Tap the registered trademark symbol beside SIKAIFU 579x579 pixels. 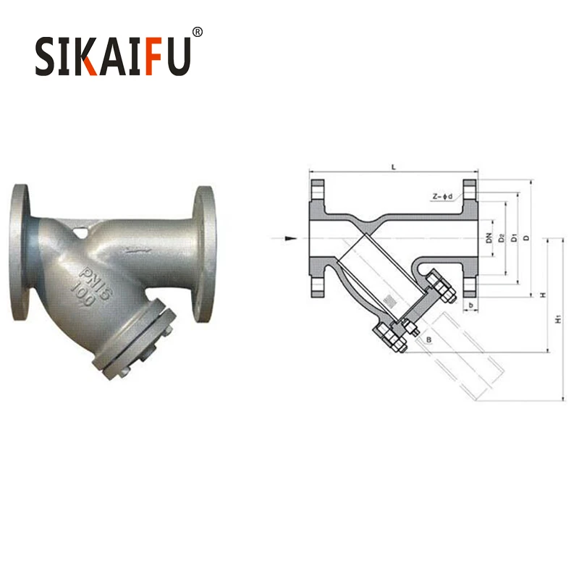coord(198,32)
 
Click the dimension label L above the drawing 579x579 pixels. coord(393,167)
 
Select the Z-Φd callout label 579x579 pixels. coord(442,196)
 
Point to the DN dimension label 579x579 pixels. coord(489,237)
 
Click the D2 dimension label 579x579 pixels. coord(501,237)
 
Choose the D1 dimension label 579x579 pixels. coord(513,237)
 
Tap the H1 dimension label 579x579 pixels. coord(557,319)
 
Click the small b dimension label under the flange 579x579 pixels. coord(471,305)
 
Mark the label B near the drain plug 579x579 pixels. coord(429,339)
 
